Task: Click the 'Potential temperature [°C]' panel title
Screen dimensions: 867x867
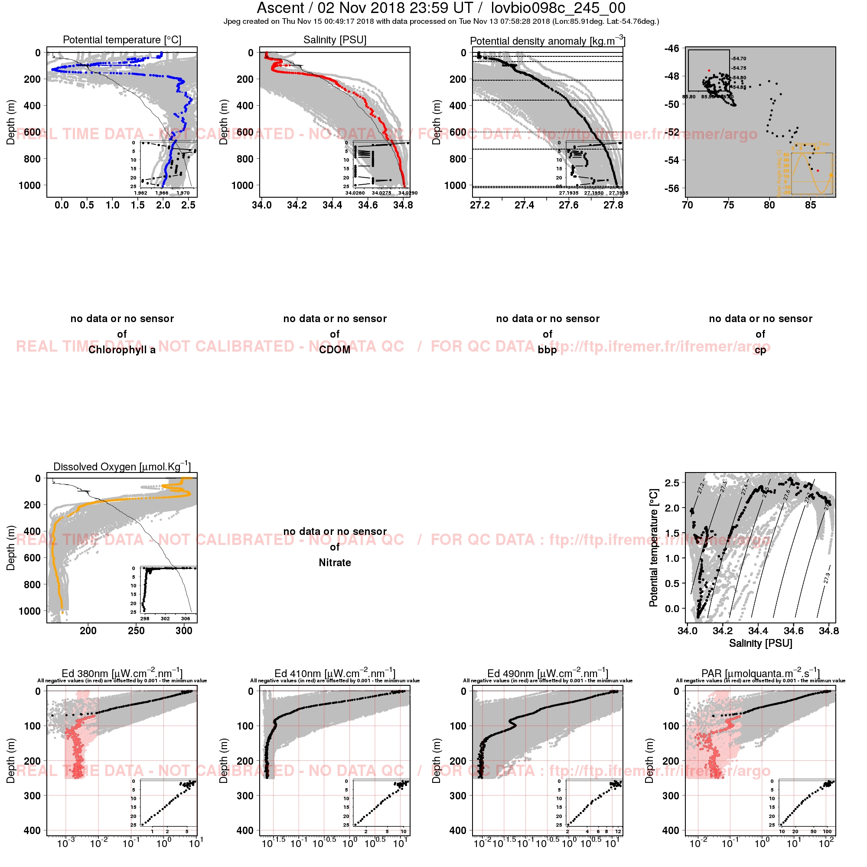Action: click(x=122, y=40)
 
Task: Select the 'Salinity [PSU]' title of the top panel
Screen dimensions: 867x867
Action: click(x=335, y=40)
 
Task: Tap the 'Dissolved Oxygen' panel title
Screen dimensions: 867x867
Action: click(x=122, y=466)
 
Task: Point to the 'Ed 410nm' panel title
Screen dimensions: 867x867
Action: click(x=335, y=673)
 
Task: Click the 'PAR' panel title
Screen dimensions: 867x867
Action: click(x=760, y=673)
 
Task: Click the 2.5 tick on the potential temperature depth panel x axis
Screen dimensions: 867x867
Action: click(x=189, y=205)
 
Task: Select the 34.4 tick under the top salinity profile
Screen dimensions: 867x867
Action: click(x=332, y=205)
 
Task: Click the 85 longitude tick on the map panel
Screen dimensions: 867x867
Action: click(x=811, y=205)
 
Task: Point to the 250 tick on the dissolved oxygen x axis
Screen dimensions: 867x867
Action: click(x=136, y=630)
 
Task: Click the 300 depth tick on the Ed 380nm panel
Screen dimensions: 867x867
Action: click(x=33, y=795)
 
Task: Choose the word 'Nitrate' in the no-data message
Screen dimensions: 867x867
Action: click(x=335, y=562)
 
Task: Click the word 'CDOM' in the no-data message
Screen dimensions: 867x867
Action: click(x=335, y=349)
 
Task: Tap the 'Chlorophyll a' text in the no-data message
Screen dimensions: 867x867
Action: click(x=122, y=349)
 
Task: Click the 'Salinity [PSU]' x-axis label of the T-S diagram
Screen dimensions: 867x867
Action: click(x=760, y=643)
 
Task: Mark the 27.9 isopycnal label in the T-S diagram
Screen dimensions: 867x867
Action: click(x=827, y=577)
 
